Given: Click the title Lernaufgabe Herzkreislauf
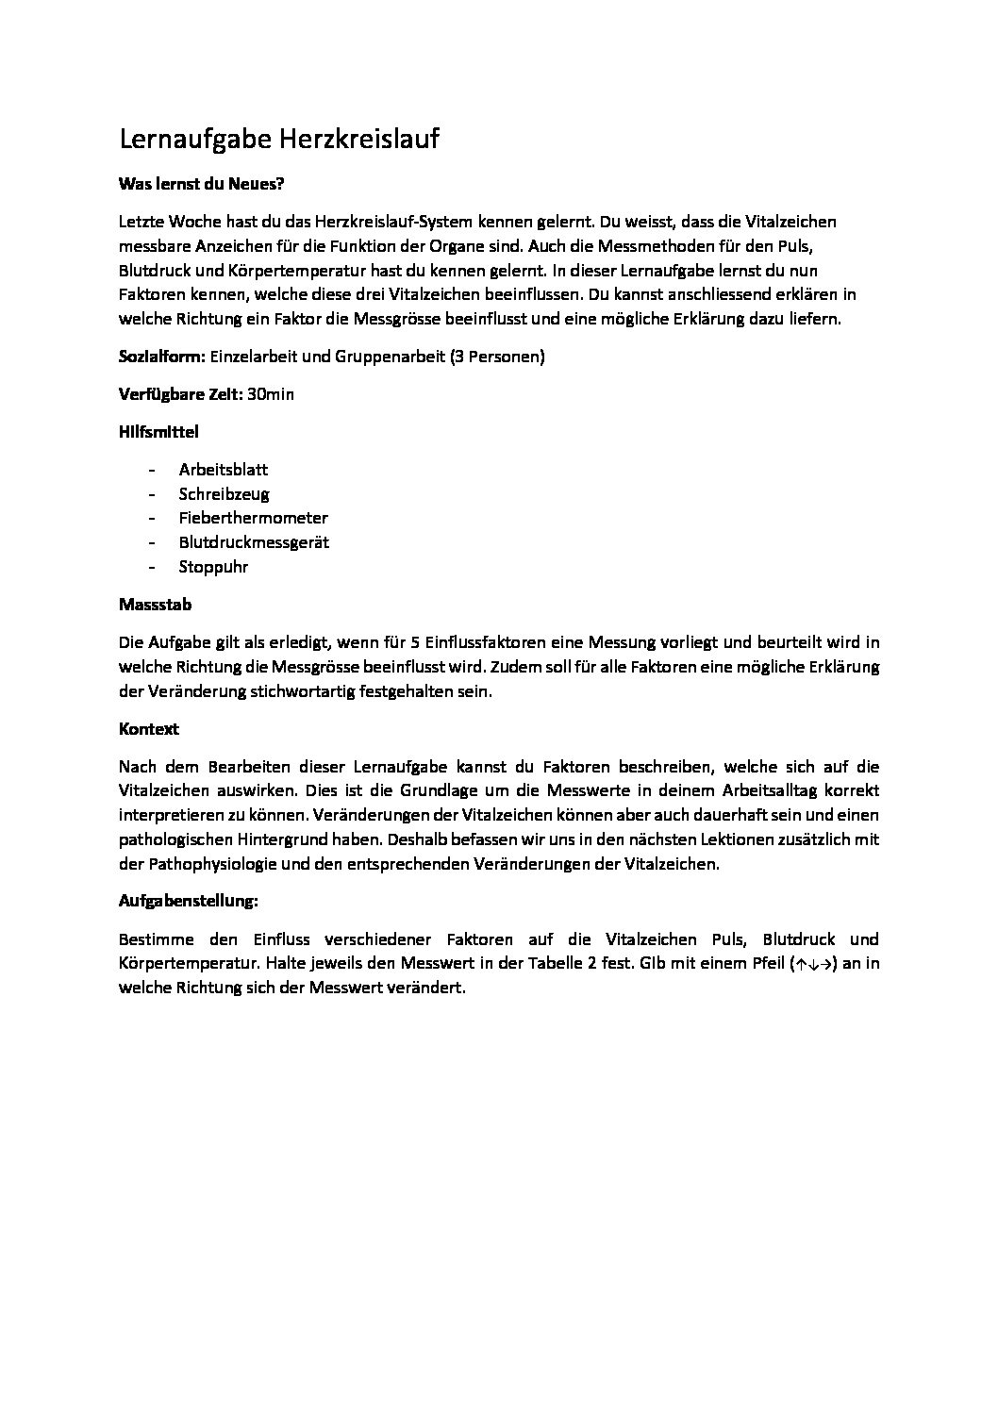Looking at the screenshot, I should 279,140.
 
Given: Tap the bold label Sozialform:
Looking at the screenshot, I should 162,357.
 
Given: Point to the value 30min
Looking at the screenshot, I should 271,394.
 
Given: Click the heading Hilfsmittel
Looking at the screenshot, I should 158,432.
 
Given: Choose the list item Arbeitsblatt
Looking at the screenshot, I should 224,469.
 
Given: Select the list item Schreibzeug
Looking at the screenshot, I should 225,493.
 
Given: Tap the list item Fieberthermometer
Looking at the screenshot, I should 254,518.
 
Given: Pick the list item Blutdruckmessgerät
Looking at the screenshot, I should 254,542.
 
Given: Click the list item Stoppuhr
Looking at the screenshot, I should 213,567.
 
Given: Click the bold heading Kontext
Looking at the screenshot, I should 149,729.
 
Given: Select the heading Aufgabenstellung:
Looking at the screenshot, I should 189,901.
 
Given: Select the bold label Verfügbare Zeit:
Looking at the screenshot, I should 180,394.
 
